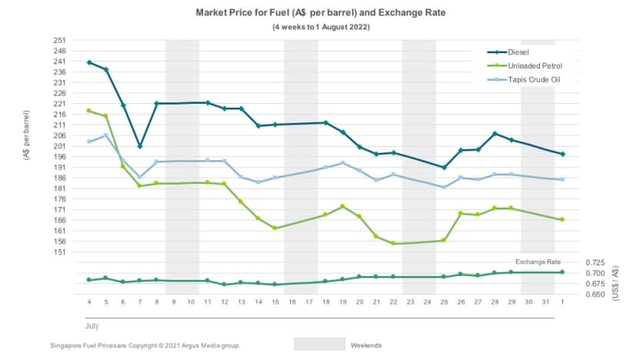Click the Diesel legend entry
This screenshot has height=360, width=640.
508,52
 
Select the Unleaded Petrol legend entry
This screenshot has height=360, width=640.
525,65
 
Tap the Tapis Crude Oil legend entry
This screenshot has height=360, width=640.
524,79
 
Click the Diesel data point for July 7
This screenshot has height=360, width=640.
140,146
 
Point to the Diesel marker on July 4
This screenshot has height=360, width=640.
89,62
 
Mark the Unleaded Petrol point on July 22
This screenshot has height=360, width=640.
394,243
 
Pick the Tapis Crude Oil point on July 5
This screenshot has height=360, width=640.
106,135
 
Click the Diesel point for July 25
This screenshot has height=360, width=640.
444,168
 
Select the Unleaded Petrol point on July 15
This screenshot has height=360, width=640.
275,228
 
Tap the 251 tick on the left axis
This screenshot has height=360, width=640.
59,40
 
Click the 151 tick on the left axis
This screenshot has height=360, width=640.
59,252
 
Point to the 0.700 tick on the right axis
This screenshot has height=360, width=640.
595,273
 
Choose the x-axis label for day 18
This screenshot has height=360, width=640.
325,302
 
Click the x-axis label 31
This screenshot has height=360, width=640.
545,302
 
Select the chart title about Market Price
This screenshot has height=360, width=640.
321,12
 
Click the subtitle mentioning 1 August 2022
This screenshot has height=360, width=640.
322,27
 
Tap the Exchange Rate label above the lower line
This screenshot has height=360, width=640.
538,262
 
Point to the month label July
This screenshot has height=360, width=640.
92,325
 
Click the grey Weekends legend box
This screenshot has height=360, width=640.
319,344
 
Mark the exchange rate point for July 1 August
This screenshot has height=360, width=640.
562,272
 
